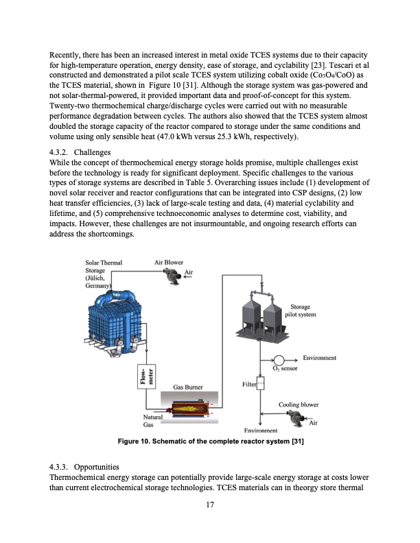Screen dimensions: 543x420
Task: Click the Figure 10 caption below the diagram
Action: [211, 442]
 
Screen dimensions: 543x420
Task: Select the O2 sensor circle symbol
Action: [279, 361]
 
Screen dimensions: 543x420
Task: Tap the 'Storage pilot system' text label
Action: [302, 311]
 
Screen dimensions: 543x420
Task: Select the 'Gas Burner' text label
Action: [187, 387]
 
